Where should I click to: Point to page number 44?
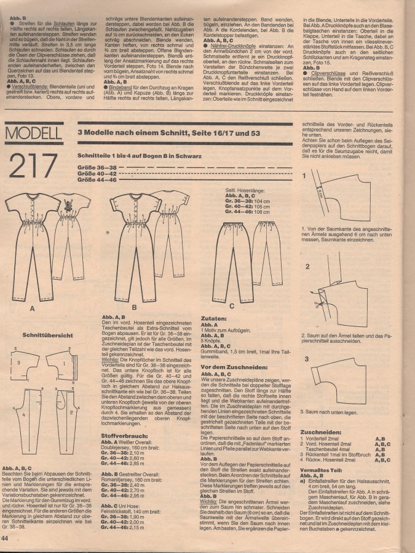point(6,538)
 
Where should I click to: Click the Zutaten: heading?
point(215,320)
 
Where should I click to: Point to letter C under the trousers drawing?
point(231,305)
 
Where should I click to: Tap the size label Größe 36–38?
point(97,167)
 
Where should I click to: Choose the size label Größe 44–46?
point(97,180)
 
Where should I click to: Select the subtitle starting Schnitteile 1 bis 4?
point(133,157)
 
